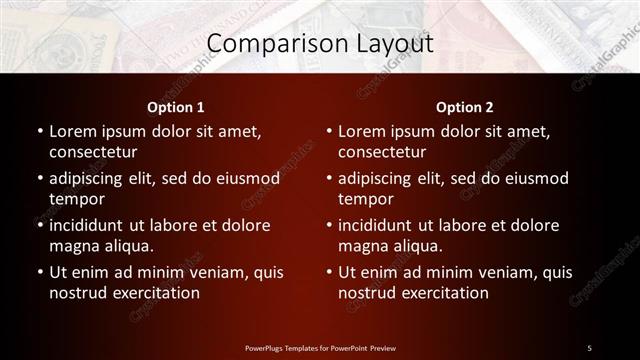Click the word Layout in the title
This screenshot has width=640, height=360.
391,44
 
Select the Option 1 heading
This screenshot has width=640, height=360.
176,107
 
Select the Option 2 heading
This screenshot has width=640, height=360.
465,107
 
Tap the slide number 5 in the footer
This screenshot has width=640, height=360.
590,347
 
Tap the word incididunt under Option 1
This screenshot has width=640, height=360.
92,225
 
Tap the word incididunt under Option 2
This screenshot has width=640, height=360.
382,225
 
